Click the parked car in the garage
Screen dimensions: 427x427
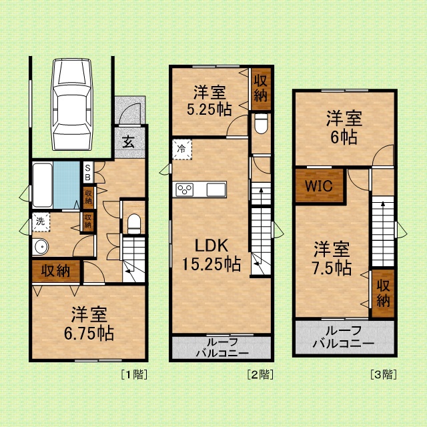point(72,104)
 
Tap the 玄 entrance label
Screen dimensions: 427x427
point(128,142)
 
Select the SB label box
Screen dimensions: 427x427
point(87,173)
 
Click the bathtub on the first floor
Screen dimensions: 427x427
point(43,185)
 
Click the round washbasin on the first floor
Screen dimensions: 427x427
point(41,247)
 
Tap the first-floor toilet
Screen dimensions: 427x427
point(133,224)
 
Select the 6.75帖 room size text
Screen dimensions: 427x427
point(89,333)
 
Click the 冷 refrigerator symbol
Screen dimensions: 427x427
point(182,149)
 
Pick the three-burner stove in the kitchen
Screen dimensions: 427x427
point(185,189)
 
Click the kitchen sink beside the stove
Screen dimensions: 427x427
point(216,189)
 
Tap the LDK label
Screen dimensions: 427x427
point(211,246)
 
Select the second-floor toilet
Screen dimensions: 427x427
point(261,123)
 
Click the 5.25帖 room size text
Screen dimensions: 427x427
point(209,109)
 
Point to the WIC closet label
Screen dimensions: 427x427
point(319,186)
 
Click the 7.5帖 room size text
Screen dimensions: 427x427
point(332,268)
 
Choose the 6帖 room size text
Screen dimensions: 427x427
point(344,137)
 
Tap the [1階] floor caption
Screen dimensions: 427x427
point(134,375)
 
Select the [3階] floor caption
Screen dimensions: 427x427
point(384,375)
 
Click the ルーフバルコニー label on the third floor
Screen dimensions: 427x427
point(344,338)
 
